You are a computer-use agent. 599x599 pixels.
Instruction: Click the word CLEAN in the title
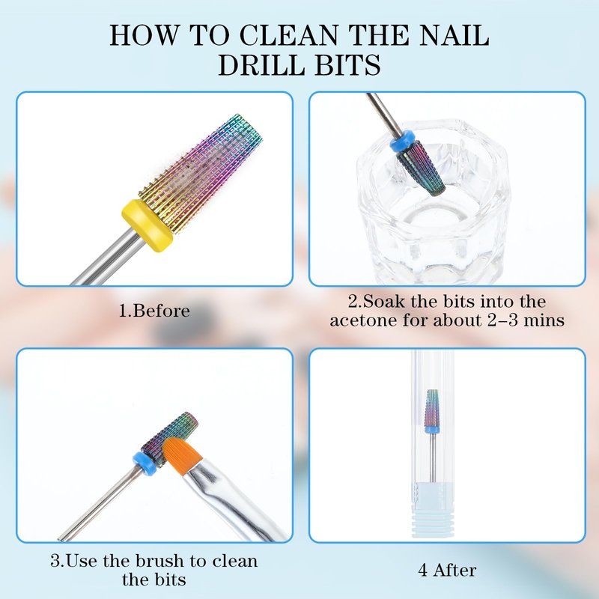(288, 35)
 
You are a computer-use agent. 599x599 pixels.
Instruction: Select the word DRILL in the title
(261, 65)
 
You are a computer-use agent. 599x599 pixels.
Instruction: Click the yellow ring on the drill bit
(148, 225)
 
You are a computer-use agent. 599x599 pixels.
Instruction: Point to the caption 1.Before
(154, 311)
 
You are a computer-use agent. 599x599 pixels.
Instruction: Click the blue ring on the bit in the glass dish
(402, 139)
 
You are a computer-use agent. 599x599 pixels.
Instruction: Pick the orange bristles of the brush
(181, 454)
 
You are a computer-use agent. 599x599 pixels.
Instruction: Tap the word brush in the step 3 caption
(161, 561)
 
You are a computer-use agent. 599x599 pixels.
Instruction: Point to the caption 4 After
(447, 571)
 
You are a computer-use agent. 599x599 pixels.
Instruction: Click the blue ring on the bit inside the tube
(432, 431)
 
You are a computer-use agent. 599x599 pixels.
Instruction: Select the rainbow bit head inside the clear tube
(432, 408)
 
